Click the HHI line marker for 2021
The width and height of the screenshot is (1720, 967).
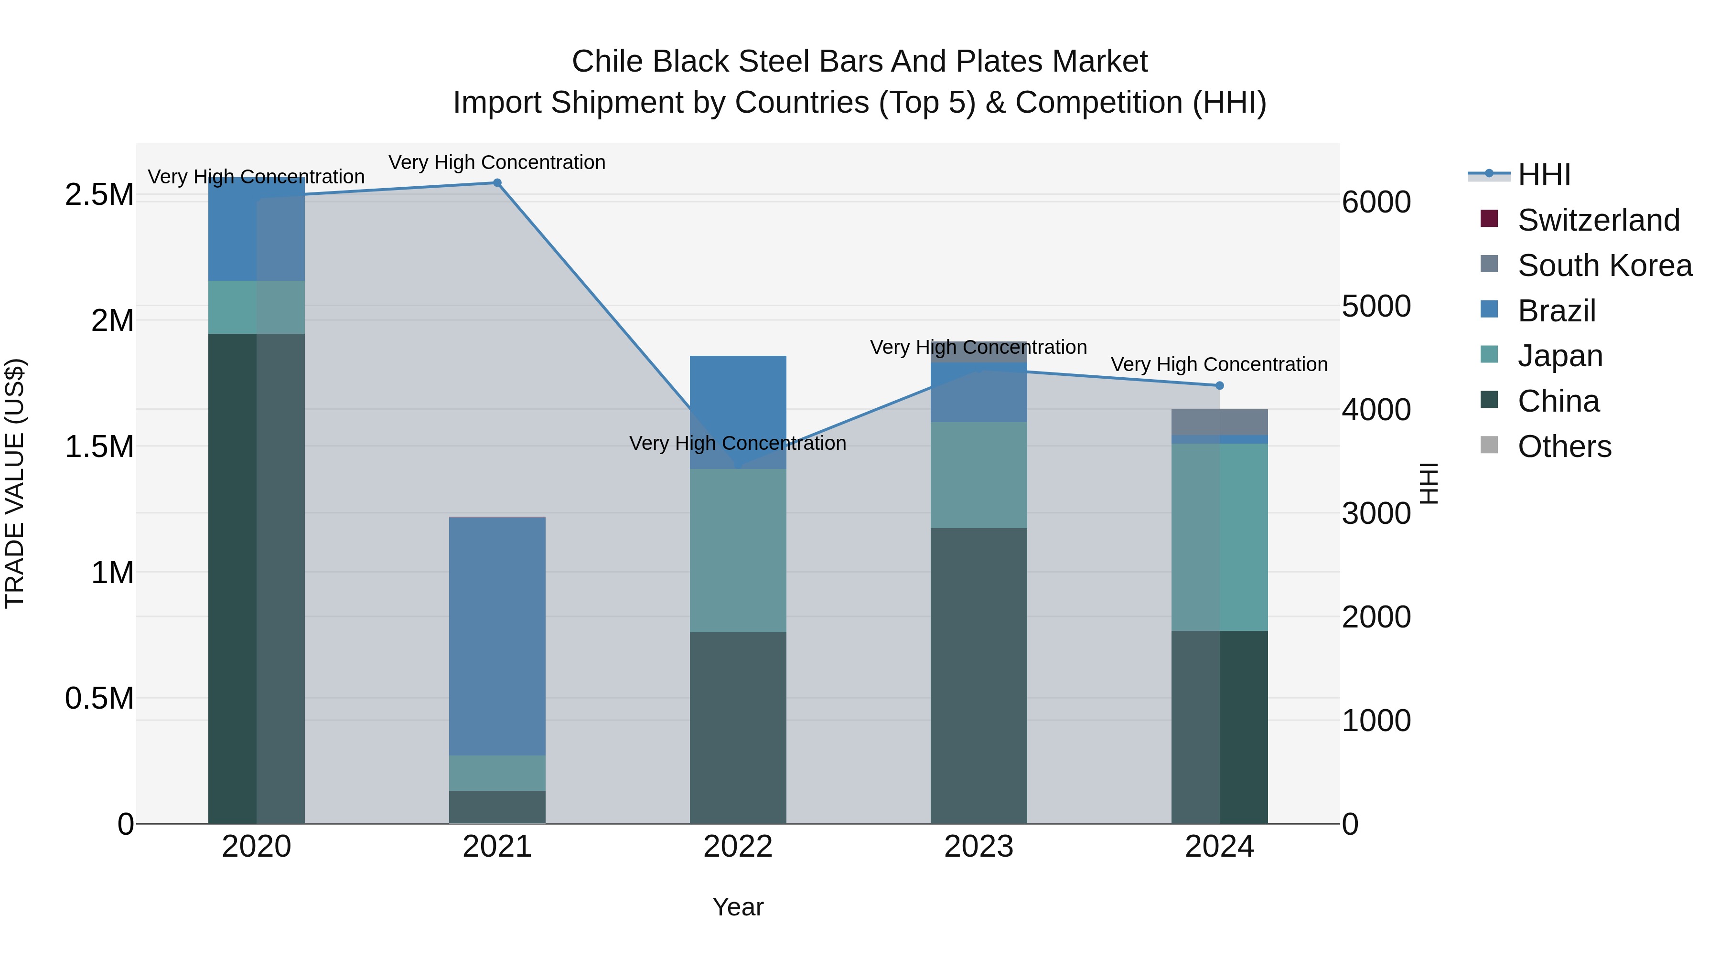pyautogui.click(x=497, y=183)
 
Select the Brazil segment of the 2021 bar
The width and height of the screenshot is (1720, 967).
pyautogui.click(x=497, y=635)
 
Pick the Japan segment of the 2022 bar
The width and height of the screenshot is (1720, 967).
pyautogui.click(x=738, y=550)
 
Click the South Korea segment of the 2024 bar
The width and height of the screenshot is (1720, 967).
pyautogui.click(x=1219, y=422)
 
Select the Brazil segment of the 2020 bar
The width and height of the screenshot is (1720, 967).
pyautogui.click(x=257, y=229)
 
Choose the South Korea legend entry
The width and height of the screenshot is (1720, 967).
pyautogui.click(x=1604, y=266)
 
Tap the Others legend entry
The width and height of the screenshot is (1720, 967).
pyautogui.click(x=1564, y=446)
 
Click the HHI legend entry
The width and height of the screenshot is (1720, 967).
pyautogui.click(x=1543, y=175)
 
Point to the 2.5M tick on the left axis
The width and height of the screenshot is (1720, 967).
pyautogui.click(x=99, y=195)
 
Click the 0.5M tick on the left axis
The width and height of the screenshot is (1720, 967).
pyautogui.click(x=99, y=698)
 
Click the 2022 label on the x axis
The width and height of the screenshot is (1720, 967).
pyautogui.click(x=738, y=847)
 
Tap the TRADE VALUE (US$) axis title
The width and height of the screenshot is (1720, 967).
pyautogui.click(x=15, y=483)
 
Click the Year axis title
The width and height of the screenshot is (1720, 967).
pyautogui.click(x=738, y=907)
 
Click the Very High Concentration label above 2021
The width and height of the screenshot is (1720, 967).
pyautogui.click(x=497, y=162)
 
